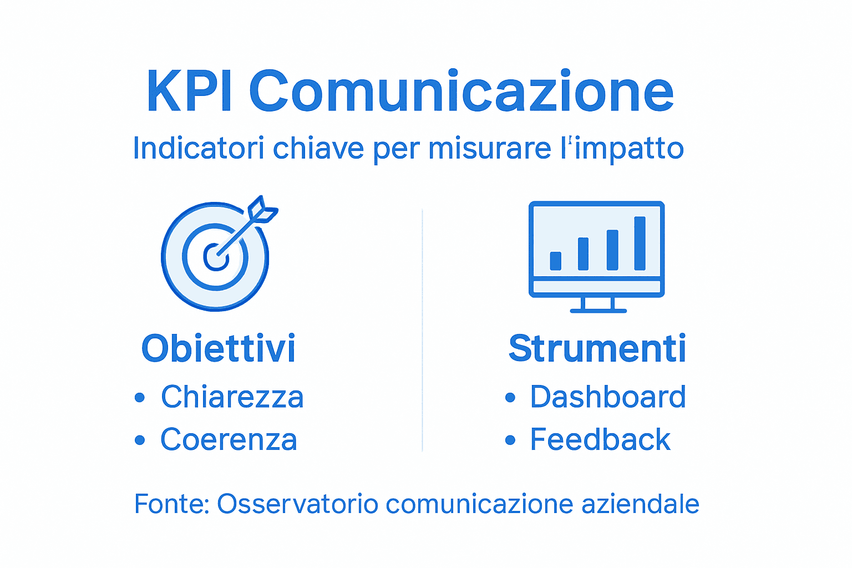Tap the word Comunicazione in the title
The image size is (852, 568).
pyautogui.click(x=461, y=92)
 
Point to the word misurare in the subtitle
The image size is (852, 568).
pyautogui.click(x=490, y=148)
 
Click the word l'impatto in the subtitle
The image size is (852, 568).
pyautogui.click(x=622, y=148)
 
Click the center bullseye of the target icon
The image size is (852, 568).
pyautogui.click(x=215, y=256)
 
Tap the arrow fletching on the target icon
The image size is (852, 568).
pyautogui.click(x=262, y=210)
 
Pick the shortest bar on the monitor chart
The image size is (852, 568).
pyautogui.click(x=555, y=261)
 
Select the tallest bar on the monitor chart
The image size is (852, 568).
pyautogui.click(x=640, y=243)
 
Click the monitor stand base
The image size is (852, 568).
pyautogui.click(x=598, y=310)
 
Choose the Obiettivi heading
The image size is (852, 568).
pyautogui.click(x=219, y=348)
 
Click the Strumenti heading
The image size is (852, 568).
pyautogui.click(x=597, y=348)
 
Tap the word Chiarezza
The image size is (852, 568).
pyautogui.click(x=232, y=397)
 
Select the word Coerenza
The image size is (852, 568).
pyautogui.click(x=229, y=439)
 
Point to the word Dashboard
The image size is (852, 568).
pyautogui.click(x=608, y=397)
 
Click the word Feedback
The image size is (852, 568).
pyautogui.click(x=600, y=439)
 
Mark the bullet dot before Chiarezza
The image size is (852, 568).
pyautogui.click(x=140, y=397)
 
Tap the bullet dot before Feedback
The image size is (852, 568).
pyautogui.click(x=510, y=440)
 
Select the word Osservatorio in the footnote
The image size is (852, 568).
pyautogui.click(x=297, y=504)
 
